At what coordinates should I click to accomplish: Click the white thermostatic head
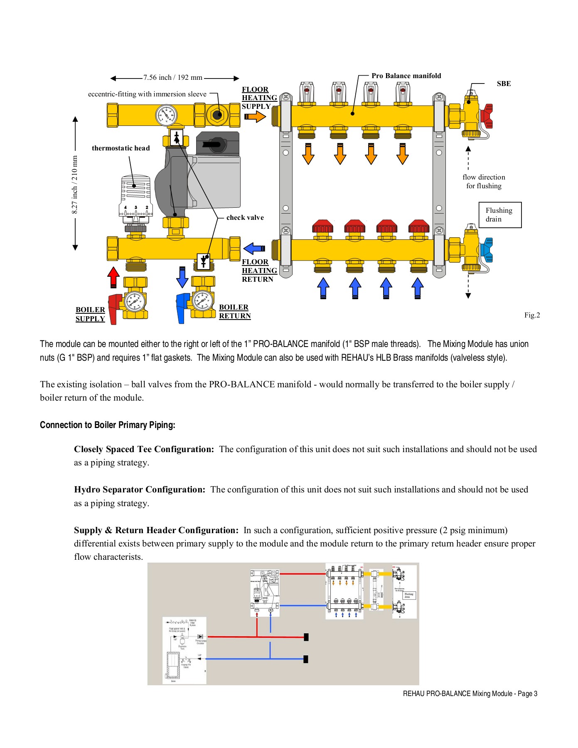[135, 195]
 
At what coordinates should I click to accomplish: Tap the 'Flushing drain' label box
[500, 215]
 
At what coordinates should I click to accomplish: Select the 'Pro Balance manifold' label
[406, 76]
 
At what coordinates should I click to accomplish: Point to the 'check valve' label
[245, 217]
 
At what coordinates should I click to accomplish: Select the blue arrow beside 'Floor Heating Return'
[254, 249]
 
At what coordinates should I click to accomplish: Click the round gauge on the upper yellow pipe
[166, 115]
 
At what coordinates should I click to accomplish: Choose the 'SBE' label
[504, 84]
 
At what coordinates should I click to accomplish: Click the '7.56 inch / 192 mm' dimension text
[173, 77]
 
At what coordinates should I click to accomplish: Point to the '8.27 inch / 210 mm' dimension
[75, 185]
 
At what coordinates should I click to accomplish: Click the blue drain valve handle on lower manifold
[487, 250]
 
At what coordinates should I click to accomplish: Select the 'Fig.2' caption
[532, 315]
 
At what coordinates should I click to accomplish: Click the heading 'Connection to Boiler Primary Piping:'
[108, 425]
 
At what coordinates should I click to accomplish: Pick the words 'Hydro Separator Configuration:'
[140, 490]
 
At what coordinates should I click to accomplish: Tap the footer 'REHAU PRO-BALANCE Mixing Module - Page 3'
[470, 694]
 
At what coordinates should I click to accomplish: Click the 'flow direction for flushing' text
[484, 182]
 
